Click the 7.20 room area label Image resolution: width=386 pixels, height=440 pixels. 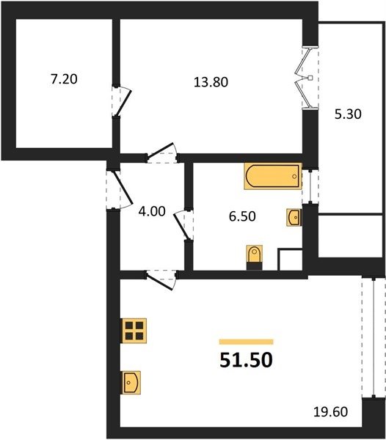coord(64,79)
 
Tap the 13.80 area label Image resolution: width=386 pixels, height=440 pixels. coord(211,82)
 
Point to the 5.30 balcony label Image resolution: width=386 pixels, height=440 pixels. coord(348,114)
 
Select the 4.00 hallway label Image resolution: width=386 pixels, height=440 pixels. coord(152,211)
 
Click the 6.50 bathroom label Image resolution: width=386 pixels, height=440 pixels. coord(242,216)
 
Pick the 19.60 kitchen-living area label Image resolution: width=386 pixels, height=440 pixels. coord(330,412)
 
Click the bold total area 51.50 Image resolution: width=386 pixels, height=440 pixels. coord(246,360)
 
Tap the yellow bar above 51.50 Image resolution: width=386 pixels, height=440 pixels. coord(246,342)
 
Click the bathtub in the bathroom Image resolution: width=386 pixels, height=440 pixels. coord(273,176)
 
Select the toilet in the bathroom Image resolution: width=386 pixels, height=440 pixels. coord(255,257)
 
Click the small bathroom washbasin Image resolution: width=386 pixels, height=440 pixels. coord(294,217)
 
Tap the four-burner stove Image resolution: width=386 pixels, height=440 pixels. coord(134,331)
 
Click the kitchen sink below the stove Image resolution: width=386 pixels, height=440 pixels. coord(131,383)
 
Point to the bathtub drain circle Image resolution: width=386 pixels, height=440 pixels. coord(294,176)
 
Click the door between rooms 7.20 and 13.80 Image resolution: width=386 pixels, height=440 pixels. coord(121,101)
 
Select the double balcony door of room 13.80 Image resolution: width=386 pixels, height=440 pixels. coord(307,78)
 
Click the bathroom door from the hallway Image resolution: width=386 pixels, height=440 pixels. coord(183,225)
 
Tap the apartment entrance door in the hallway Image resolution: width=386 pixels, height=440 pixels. coord(119,189)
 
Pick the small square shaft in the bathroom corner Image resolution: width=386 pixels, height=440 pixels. coord(290,260)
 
